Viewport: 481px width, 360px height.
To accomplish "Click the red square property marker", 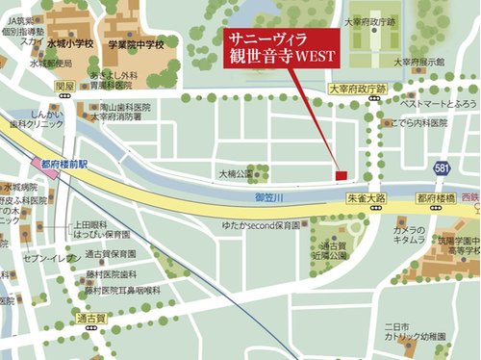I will coord(340,174).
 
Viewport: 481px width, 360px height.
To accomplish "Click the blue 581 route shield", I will coord(441,168).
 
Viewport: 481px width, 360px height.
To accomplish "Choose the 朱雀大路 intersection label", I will coord(365,196).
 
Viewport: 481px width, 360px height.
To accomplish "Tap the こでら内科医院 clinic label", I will coord(418,124).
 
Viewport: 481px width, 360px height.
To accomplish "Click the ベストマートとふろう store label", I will coord(438,102).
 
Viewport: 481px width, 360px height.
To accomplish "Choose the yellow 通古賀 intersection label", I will coord(91,317).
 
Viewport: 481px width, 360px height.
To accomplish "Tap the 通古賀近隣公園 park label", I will coord(330,251).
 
